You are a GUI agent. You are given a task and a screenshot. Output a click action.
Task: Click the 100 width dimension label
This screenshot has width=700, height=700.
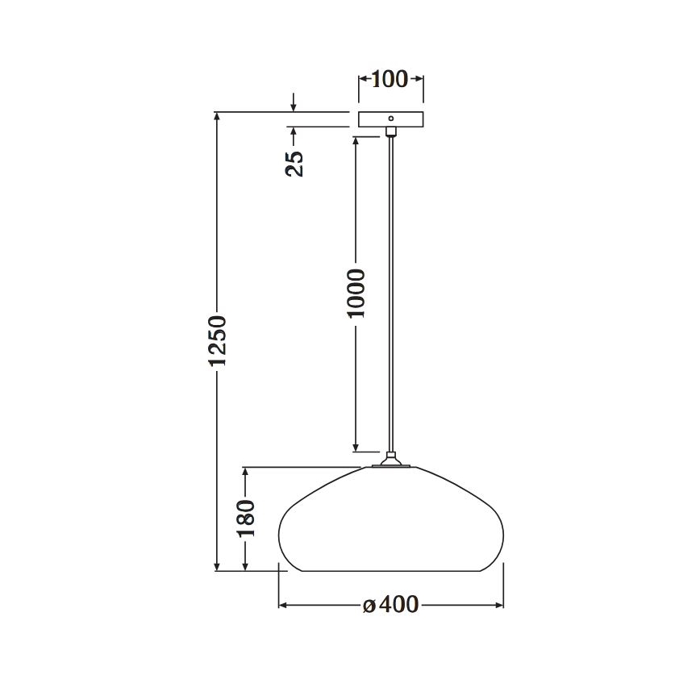[x=390, y=79]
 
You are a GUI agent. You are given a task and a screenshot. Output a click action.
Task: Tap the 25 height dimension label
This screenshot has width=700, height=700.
[x=295, y=163]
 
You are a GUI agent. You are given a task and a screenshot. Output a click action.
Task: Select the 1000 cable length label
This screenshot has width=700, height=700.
[x=356, y=294]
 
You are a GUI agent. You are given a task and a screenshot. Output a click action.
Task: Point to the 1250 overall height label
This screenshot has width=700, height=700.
[x=217, y=340]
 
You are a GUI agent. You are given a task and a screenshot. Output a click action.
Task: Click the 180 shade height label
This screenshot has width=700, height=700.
[x=247, y=519]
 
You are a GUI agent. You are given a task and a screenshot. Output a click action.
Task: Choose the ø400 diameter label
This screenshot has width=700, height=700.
[x=391, y=605]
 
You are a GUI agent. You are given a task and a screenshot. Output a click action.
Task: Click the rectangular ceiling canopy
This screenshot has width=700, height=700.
[x=390, y=119]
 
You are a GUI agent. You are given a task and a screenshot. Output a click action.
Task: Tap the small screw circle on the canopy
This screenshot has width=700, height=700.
[x=391, y=119]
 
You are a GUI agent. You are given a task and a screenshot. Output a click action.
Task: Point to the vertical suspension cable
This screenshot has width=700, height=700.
[x=391, y=290]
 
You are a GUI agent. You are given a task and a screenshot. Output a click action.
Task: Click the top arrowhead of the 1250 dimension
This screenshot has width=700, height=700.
[x=217, y=118]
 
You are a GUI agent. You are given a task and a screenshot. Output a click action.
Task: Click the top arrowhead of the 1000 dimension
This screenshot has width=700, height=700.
[x=356, y=141]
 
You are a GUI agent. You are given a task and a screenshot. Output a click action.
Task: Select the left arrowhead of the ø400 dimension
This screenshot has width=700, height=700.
[x=284, y=605]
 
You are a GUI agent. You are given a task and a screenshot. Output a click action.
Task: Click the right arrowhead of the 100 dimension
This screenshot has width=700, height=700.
[x=418, y=79]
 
